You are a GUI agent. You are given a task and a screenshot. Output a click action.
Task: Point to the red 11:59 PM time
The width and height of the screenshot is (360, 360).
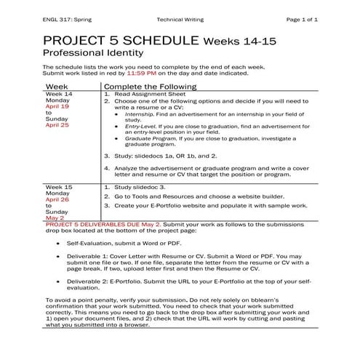[x=142, y=73]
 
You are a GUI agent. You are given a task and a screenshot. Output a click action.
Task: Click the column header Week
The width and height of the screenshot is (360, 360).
[x=58, y=86]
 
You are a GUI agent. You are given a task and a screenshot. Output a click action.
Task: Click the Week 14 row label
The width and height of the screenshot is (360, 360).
[x=59, y=94]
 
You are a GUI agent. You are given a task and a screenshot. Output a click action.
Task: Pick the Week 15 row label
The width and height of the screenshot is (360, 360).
[x=59, y=186]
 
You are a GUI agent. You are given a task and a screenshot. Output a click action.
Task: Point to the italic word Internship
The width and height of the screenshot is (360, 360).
[x=139, y=114]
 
